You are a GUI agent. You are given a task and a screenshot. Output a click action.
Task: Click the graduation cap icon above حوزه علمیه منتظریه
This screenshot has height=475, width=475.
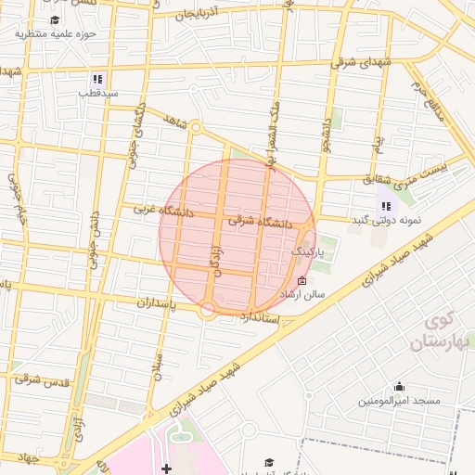(54, 19)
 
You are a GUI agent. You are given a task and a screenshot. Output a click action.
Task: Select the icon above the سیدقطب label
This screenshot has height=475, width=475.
(97, 79)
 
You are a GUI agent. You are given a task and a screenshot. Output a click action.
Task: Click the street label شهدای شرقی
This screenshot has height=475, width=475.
(363, 62)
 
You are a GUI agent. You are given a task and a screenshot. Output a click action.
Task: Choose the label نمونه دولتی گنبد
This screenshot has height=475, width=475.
(386, 220)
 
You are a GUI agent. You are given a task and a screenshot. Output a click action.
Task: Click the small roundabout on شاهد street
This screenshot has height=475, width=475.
(196, 128)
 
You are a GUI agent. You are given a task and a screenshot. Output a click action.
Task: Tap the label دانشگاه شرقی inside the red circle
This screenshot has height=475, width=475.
(255, 222)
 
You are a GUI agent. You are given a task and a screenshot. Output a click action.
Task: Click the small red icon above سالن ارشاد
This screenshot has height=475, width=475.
(301, 280)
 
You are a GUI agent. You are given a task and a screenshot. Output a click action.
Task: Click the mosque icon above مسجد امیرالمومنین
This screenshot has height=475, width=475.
(400, 387)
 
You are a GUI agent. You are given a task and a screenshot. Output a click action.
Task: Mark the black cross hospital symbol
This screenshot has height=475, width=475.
(166, 468)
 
